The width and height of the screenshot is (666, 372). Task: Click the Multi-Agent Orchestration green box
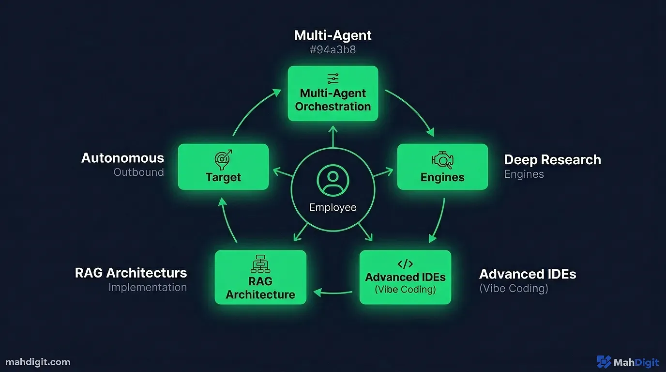point(333,93)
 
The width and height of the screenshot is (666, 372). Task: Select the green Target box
point(223,167)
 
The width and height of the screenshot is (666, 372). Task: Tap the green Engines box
point(442,167)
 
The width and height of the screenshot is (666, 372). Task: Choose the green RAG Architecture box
point(260,277)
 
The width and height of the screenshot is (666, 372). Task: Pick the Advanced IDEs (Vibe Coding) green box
point(405,277)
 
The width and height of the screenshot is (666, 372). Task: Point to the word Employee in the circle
point(333,207)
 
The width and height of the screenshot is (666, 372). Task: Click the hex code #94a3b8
point(333,49)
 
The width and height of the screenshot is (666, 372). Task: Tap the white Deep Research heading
point(552,160)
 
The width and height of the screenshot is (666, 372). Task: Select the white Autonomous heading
point(122,158)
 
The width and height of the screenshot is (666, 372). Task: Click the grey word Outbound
point(138,172)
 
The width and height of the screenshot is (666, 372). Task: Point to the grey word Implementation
point(147,287)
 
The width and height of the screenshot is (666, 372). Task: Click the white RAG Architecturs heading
point(131,273)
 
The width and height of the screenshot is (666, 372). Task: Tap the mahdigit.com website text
point(38,362)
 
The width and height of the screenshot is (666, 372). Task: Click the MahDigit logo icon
point(604,362)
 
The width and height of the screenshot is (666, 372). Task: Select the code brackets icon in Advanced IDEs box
point(405,264)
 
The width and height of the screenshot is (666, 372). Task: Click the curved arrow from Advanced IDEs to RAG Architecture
point(333,292)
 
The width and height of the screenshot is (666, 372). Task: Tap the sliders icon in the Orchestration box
point(333,78)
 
